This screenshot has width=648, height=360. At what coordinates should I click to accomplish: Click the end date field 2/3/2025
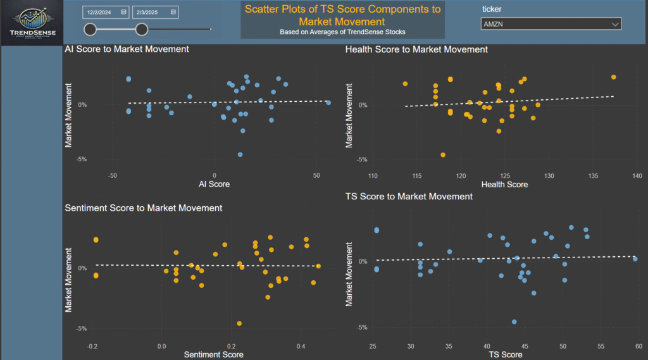(x=150, y=11)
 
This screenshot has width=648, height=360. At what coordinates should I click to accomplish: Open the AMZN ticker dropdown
(x=551, y=24)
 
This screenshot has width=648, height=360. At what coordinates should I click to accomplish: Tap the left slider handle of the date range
(x=90, y=28)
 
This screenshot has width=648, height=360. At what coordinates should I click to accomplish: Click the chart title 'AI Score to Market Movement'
(x=127, y=49)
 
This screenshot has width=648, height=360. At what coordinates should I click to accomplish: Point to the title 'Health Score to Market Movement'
(x=416, y=49)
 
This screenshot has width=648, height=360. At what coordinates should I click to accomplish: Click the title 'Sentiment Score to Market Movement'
(x=144, y=208)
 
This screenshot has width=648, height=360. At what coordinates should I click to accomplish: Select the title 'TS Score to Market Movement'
(x=409, y=197)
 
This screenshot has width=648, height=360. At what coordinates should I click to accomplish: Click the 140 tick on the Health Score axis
(x=637, y=176)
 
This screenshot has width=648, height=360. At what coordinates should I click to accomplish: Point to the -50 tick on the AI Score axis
(x=113, y=176)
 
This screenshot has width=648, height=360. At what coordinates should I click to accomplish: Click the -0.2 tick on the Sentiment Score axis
(x=92, y=346)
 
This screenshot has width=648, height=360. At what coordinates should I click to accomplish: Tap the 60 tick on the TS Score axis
(x=639, y=346)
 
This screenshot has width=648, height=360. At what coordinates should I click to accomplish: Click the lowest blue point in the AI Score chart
(x=240, y=154)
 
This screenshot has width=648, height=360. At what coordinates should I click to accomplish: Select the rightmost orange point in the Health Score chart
(x=613, y=77)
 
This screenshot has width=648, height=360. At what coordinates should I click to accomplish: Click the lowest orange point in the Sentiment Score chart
(x=239, y=323)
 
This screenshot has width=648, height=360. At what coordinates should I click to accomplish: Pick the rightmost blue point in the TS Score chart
(x=635, y=259)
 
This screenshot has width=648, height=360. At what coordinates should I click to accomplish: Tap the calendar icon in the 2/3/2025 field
(x=173, y=11)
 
